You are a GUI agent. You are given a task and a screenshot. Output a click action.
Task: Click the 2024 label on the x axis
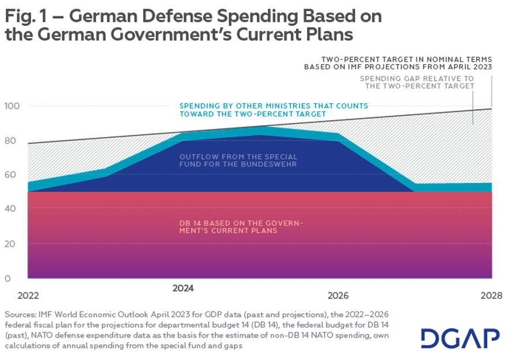183,287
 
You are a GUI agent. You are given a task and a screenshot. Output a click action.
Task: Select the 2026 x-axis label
338,295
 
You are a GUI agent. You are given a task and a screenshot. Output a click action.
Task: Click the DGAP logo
460,339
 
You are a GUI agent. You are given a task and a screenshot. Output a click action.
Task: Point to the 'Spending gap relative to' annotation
417,78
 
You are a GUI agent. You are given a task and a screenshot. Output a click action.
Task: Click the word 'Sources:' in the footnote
21,314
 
